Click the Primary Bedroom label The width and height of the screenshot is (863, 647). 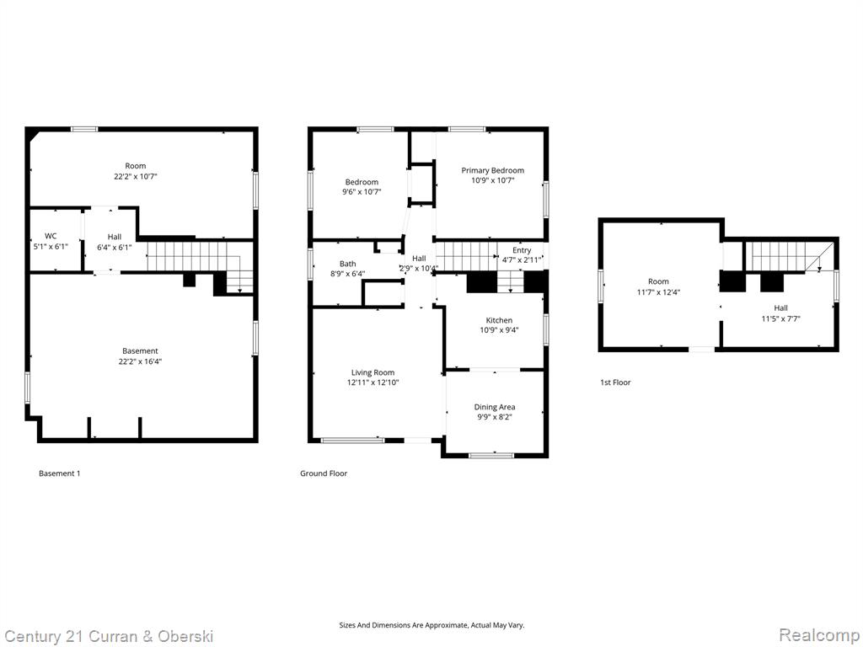492,170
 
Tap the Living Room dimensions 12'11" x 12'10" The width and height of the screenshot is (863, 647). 373,382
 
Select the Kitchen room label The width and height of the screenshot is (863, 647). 499,320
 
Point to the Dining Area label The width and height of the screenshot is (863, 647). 495,407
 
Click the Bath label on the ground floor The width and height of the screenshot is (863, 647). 348,264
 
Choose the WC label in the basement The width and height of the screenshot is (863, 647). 51,236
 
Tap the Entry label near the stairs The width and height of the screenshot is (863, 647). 522,250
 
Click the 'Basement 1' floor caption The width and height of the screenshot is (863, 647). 60,473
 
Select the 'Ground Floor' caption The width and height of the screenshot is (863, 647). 324,473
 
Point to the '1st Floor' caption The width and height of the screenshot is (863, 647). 615,382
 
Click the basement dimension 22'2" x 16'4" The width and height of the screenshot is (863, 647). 141,361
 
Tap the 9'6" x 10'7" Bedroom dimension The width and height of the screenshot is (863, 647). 362,192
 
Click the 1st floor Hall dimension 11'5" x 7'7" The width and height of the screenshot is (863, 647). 780,318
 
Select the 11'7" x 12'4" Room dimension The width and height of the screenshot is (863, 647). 658,292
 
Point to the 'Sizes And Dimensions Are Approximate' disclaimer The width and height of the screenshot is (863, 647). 431,625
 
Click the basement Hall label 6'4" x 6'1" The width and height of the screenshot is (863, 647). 115,242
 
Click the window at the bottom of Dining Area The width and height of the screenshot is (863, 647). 491,455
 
